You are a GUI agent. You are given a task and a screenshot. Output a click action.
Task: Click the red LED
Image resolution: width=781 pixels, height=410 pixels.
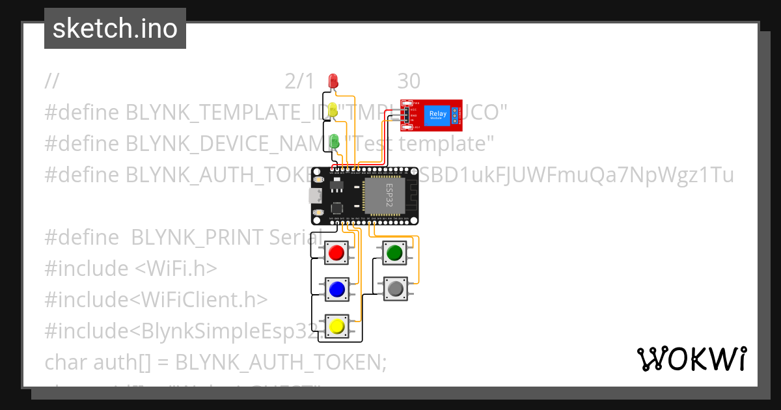(x=334, y=81)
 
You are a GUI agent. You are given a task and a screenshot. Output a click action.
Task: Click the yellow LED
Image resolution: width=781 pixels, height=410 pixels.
(x=334, y=111)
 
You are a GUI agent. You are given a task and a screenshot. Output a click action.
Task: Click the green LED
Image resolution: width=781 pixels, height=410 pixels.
(x=335, y=140)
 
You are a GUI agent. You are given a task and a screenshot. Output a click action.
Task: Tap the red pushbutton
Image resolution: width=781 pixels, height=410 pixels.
(x=336, y=252)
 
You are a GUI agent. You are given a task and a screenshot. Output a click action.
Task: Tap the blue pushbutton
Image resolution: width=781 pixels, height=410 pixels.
(x=336, y=288)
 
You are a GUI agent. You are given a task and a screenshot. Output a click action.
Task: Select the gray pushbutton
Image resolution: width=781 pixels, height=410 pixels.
(x=394, y=288)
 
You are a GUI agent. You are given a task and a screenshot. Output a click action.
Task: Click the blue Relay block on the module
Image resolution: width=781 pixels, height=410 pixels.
(x=437, y=116)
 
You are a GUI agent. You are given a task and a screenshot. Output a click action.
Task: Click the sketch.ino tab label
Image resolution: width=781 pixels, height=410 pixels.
(x=115, y=29)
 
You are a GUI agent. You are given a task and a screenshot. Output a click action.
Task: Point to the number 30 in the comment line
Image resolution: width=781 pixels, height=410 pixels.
(x=409, y=81)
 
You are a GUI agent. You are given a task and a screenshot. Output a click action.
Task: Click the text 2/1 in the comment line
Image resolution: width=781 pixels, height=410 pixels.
(x=299, y=81)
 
